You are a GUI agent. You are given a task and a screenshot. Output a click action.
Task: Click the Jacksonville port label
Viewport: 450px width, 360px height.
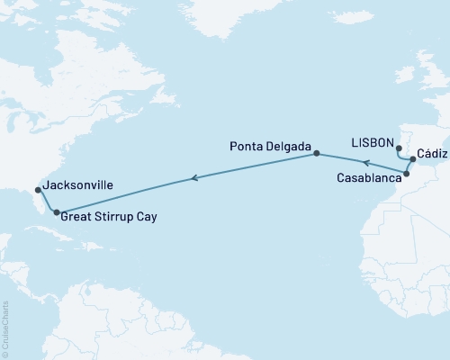pyautogui.click(x=77, y=184)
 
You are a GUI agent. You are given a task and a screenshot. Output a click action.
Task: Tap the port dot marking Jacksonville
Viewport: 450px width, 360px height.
pyautogui.click(x=38, y=190)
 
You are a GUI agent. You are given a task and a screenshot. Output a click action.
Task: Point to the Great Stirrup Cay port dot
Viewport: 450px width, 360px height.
pyautogui.click(x=57, y=213)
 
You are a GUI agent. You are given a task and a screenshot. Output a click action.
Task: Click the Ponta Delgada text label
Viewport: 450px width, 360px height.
pyautogui.click(x=270, y=146)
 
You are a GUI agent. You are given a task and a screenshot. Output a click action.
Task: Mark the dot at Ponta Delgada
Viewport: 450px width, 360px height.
pyautogui.click(x=317, y=154)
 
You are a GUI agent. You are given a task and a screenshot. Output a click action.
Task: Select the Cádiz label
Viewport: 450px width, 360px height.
pyautogui.click(x=430, y=154)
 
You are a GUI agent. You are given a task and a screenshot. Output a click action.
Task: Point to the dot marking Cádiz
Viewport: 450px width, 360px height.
pyautogui.click(x=413, y=159)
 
